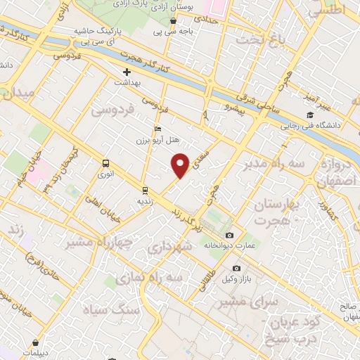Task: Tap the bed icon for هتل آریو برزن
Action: click(157, 129)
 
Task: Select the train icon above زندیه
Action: click(145, 190)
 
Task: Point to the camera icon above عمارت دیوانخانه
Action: click(229, 235)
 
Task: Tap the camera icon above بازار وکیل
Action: click(236, 268)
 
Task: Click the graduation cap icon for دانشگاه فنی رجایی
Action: click(309, 116)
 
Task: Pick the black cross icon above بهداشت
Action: click(127, 72)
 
